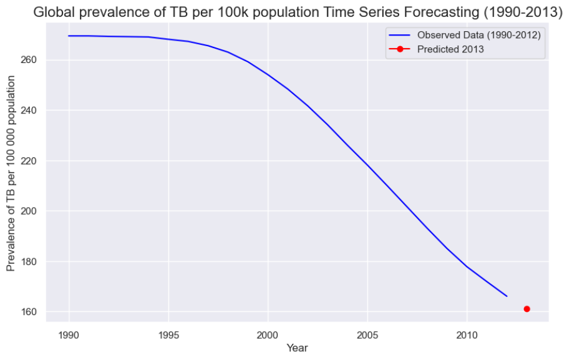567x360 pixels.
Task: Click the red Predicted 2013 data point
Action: click(x=527, y=309)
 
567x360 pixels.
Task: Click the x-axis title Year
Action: click(x=297, y=348)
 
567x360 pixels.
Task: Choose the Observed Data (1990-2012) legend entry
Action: click(x=478, y=35)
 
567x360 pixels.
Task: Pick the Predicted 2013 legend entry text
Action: click(x=450, y=49)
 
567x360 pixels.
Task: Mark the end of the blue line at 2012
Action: click(x=506, y=296)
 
